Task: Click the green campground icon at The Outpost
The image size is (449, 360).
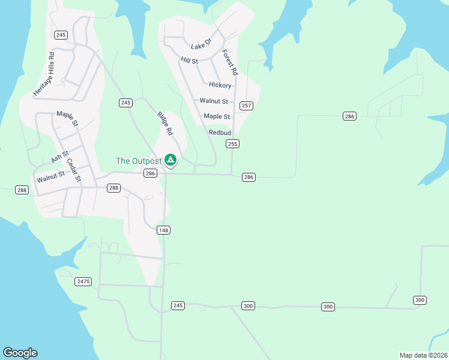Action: pos(170,160)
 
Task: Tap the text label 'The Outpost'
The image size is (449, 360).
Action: pos(139,161)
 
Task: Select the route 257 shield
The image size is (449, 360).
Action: pos(246,106)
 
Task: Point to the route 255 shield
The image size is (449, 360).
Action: pos(233,144)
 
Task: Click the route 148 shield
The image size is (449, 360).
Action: pos(163,230)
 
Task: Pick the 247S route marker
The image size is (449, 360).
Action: pos(83,281)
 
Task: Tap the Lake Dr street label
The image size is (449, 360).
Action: pos(201,44)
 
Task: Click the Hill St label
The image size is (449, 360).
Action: pos(189,60)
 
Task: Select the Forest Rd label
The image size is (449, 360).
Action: pos(230,62)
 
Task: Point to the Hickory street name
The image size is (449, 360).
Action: pos(220,85)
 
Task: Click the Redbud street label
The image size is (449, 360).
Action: pos(220,133)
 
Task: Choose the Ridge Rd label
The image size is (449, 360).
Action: pos(165,123)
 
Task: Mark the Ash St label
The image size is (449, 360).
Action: pos(60,157)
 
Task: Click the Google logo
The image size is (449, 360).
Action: pos(20,353)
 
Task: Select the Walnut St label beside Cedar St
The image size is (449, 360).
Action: pos(50,177)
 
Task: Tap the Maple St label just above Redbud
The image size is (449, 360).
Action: pos(217,116)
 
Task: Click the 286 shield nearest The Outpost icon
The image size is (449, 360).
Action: pos(150,173)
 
